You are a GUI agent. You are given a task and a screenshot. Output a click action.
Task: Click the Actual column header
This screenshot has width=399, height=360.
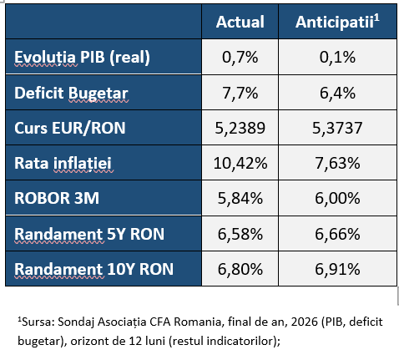(240, 22)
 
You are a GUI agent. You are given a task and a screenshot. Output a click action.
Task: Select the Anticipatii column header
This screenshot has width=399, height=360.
(337, 22)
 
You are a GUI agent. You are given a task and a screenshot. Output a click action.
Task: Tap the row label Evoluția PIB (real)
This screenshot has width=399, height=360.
(82, 58)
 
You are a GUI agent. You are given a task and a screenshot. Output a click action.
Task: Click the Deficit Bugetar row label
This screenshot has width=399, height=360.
(71, 93)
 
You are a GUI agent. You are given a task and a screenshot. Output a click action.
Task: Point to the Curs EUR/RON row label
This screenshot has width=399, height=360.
(70, 128)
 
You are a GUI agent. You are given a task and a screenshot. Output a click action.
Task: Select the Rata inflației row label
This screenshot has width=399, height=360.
(63, 164)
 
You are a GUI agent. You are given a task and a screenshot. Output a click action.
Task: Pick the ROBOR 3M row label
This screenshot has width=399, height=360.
(57, 198)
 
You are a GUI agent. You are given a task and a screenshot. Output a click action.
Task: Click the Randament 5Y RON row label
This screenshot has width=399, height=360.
(89, 234)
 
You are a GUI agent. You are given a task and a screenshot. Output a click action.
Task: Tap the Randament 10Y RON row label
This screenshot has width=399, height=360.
(94, 269)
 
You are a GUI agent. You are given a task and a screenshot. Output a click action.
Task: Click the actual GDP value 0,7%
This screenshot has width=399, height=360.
(240, 58)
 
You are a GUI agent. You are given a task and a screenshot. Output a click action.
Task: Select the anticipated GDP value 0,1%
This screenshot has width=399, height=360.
(337, 58)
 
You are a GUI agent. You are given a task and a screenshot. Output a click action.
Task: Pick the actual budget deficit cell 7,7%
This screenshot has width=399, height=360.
(240, 93)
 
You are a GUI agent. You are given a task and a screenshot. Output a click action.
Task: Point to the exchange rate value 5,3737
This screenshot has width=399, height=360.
(337, 128)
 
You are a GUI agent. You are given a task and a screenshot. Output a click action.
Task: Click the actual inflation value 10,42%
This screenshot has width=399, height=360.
(240, 163)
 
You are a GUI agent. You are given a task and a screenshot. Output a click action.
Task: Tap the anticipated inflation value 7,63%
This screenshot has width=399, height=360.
(337, 163)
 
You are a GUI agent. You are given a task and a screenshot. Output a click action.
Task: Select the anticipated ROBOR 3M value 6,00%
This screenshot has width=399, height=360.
(337, 198)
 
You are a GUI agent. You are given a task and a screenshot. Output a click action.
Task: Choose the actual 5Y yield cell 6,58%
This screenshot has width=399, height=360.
(240, 234)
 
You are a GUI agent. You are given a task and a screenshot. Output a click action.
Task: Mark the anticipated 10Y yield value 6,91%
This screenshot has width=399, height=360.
(337, 269)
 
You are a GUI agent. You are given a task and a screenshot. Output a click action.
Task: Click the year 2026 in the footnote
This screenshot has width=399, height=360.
(305, 322)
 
